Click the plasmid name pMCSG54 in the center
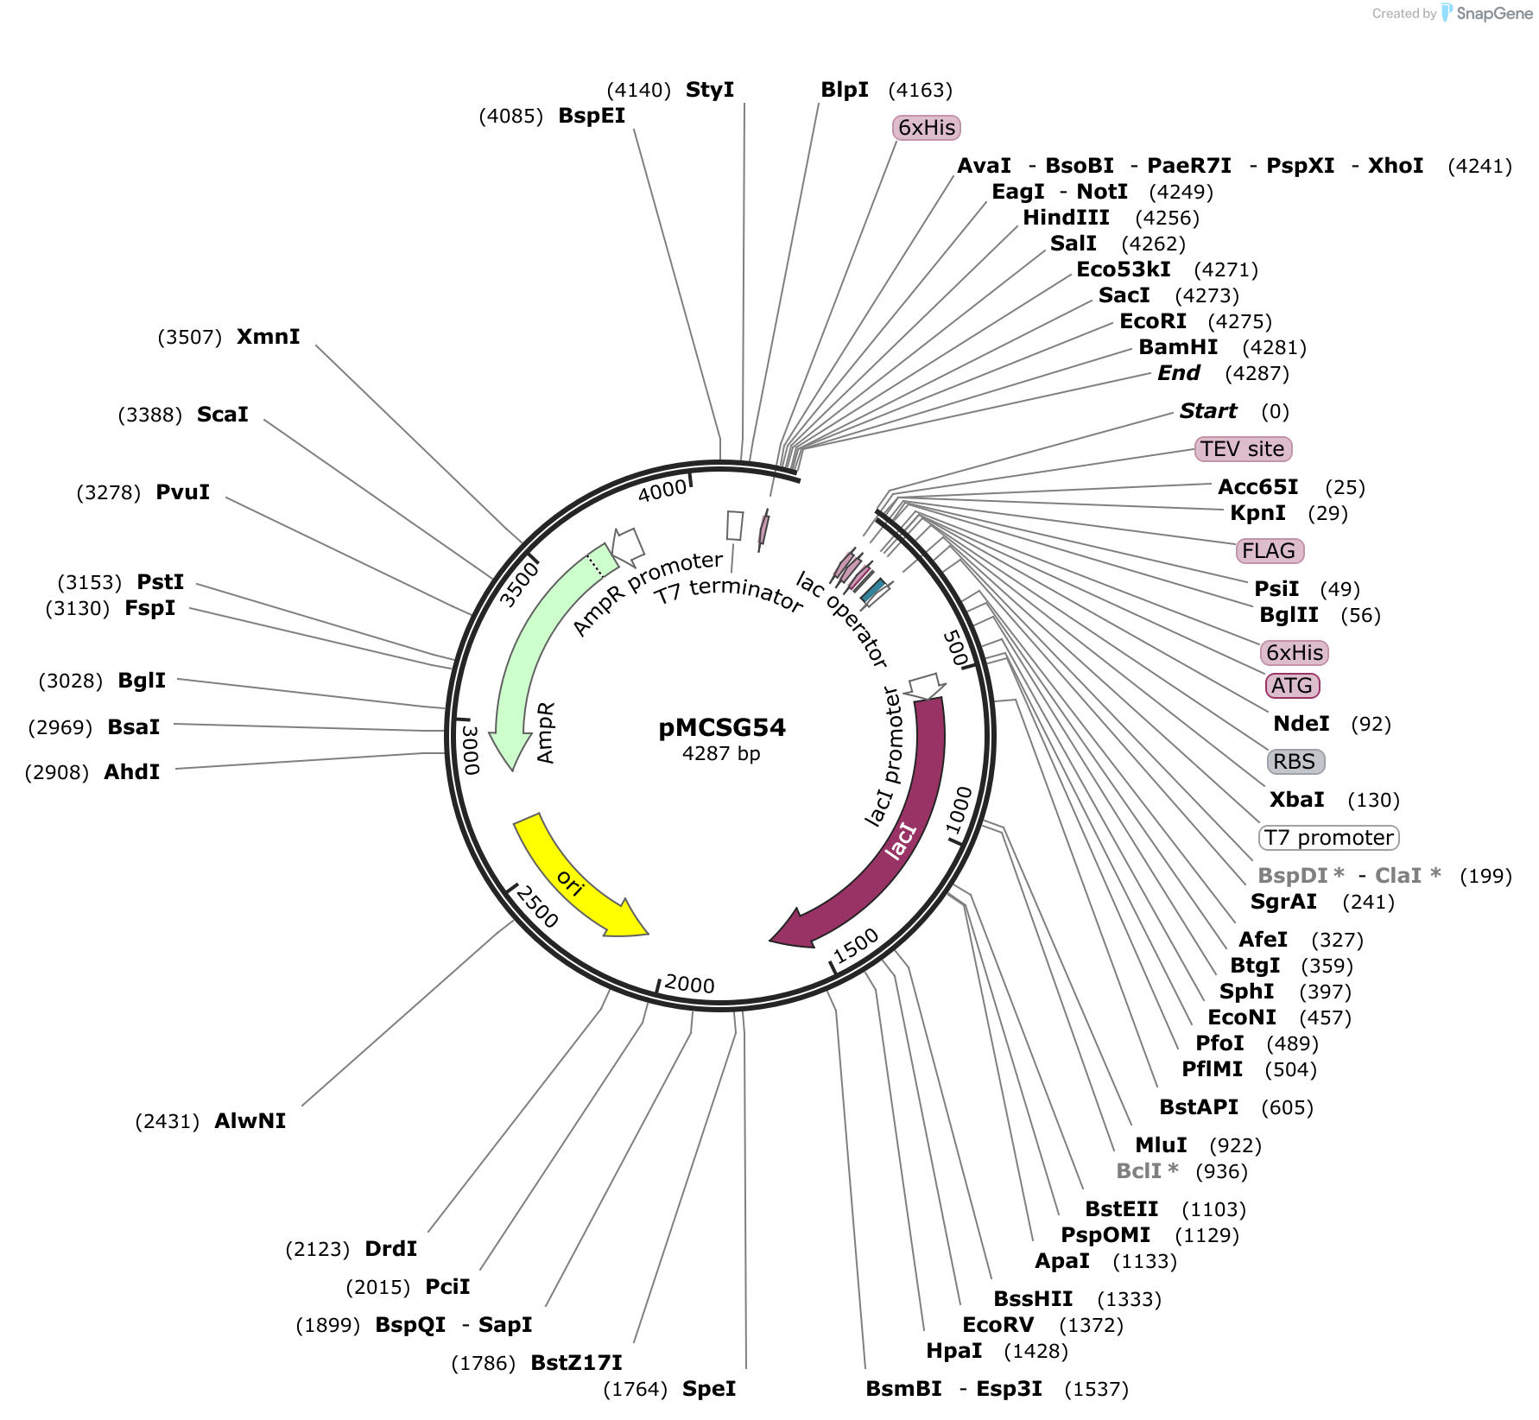coord(722,727)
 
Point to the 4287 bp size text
coord(721,754)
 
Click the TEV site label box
coord(1243,449)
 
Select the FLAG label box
coord(1269,551)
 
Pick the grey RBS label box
coord(1294,762)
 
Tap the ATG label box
coord(1292,686)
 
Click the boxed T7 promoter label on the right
coord(1328,838)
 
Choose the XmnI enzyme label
coord(269,337)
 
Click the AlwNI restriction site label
coord(250,1121)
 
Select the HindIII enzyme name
coord(1066,218)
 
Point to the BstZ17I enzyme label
coord(576,1363)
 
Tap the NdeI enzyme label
coord(1301,724)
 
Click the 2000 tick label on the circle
coord(690,985)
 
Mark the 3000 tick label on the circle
coord(470,750)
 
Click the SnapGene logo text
coord(1494,13)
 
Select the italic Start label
coord(1208,411)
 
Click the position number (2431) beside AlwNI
coord(168,1122)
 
